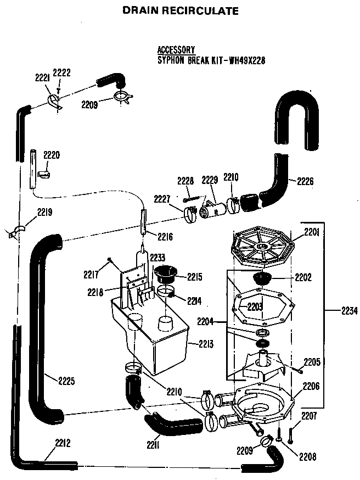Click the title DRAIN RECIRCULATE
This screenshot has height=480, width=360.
180,10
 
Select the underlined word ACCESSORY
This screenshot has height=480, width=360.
176,50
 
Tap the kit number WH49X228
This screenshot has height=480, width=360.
246,60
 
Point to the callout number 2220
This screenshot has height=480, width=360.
51,155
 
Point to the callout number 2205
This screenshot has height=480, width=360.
311,362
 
